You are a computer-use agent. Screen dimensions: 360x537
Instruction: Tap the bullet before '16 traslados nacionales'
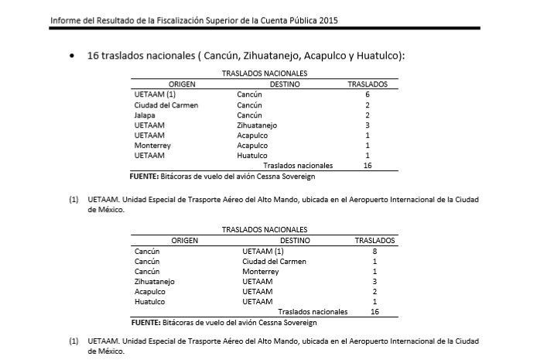pyautogui.click(x=72, y=57)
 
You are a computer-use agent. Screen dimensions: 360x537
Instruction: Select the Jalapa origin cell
pyautogui.click(x=144, y=115)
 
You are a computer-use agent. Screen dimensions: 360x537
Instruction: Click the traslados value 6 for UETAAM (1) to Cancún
pyautogui.click(x=367, y=94)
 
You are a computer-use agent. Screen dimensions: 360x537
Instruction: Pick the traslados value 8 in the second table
pyautogui.click(x=375, y=251)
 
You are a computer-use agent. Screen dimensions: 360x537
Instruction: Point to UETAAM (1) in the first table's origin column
pyautogui.click(x=150, y=94)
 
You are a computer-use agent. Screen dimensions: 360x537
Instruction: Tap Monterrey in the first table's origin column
pyautogui.click(x=151, y=145)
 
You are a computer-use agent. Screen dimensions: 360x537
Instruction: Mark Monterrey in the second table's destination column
pyautogui.click(x=261, y=271)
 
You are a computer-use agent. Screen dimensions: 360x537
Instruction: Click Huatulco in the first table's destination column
pyautogui.click(x=252, y=155)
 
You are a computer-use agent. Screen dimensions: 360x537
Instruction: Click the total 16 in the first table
pyautogui.click(x=368, y=165)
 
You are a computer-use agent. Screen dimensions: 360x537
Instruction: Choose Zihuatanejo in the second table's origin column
pyautogui.click(x=155, y=281)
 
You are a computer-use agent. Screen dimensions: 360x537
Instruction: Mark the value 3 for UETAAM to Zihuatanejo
pyautogui.click(x=367, y=125)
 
